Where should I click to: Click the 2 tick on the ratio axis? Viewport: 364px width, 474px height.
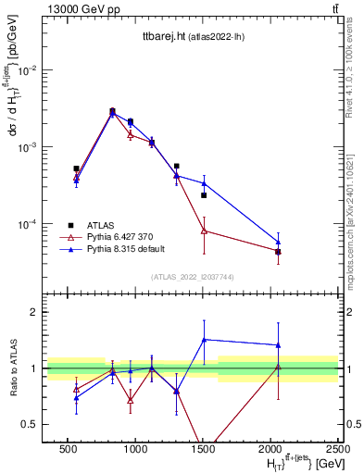34,312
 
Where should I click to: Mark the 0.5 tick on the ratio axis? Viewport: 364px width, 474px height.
31,424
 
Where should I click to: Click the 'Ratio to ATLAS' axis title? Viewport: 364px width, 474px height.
12,368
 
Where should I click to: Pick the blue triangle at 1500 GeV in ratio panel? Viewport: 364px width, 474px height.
204,340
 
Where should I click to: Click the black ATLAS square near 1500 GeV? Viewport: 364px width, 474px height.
204,195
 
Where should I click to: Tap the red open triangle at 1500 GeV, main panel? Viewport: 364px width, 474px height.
204,231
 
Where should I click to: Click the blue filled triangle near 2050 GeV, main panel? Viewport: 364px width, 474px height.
278,243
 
